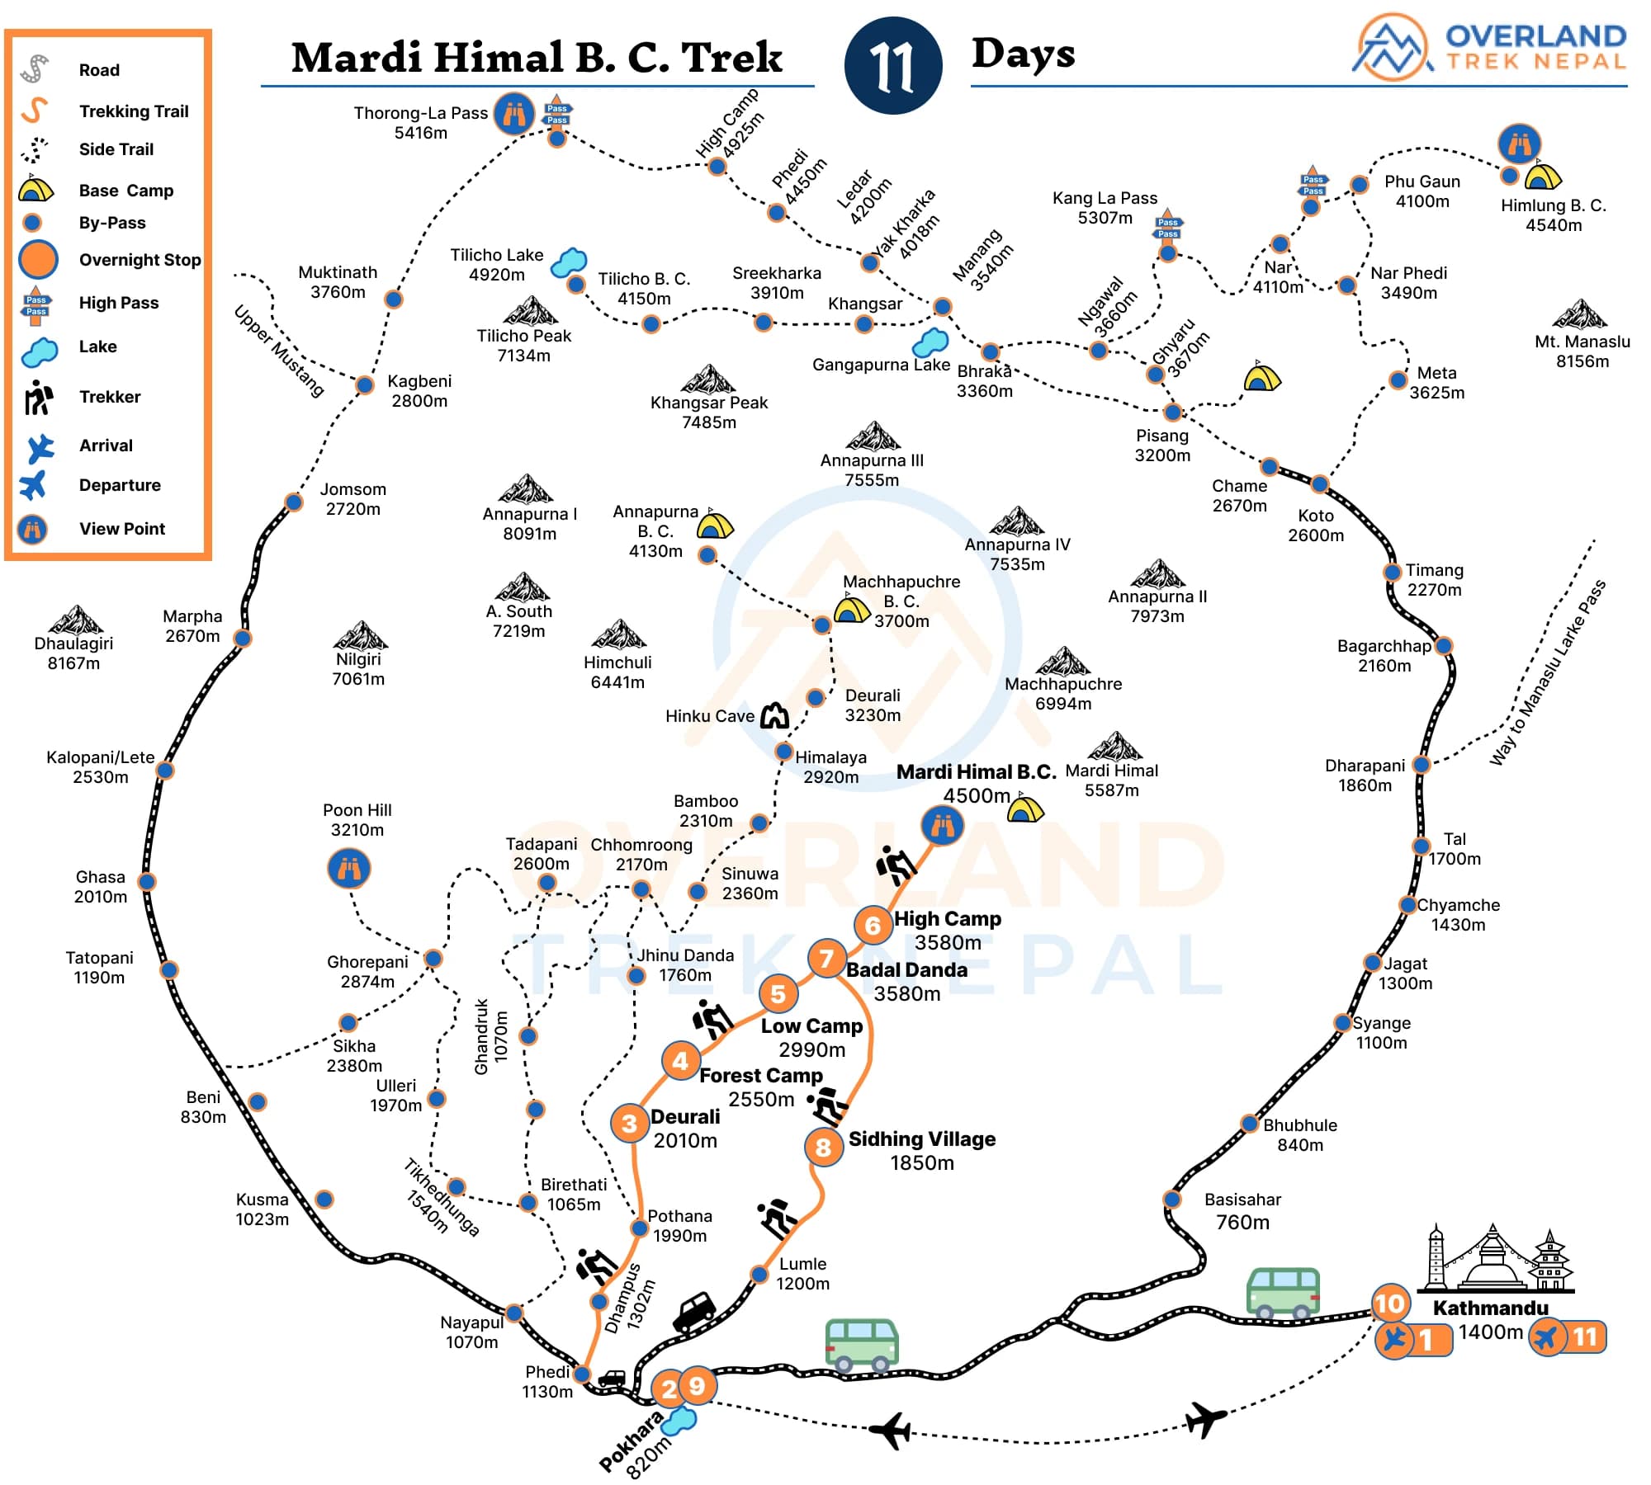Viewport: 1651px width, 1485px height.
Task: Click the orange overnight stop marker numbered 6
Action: click(873, 925)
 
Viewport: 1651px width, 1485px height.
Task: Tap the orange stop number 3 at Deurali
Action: click(629, 1123)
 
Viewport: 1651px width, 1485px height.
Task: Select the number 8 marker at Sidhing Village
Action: click(823, 1147)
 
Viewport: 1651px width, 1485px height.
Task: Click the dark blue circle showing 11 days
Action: click(893, 66)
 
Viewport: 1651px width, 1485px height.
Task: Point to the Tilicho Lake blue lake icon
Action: click(568, 262)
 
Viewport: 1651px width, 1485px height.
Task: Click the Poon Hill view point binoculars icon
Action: click(349, 869)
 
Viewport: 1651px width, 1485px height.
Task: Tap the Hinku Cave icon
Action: click(774, 715)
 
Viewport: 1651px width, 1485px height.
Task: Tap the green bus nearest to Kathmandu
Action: click(1282, 1292)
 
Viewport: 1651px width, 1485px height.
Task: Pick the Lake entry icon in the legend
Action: click(39, 351)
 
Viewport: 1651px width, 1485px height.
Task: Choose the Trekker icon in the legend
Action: click(38, 398)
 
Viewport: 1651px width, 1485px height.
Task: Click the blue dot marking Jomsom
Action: click(294, 502)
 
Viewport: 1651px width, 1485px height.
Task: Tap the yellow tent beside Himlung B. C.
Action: click(1542, 177)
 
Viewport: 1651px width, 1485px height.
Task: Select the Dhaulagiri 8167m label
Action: click(73, 653)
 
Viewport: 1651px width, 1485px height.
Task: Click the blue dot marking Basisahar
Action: click(1171, 1199)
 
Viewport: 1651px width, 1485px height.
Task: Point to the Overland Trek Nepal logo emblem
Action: click(1393, 47)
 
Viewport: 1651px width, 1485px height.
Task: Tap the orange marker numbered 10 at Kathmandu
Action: click(1388, 1303)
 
